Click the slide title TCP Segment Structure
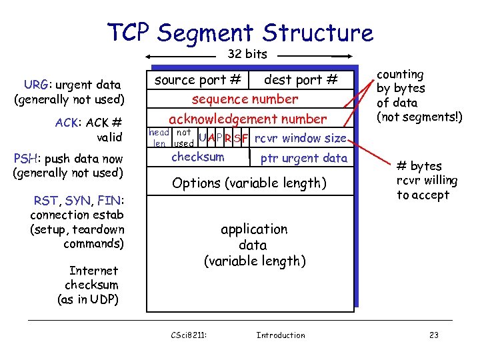[240, 32]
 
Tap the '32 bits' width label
[247, 54]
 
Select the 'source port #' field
[197, 80]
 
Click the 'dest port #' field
[301, 80]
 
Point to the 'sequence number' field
[245, 99]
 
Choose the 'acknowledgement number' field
[247, 119]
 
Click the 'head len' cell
[159, 138]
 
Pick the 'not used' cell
[183, 138]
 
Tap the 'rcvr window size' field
[301, 139]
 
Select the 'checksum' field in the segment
[197, 157]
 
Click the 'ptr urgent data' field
[303, 159]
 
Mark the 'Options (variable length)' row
[249, 183]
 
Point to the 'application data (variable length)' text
[254, 245]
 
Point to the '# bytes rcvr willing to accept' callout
[427, 180]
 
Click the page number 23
[433, 335]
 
